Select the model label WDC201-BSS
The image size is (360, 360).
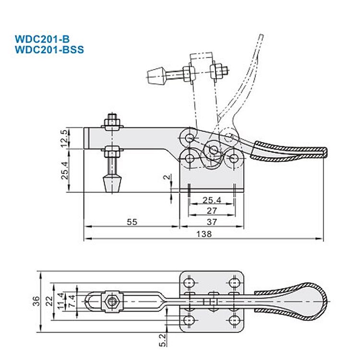(46, 49)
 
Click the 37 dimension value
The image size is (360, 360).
(212, 222)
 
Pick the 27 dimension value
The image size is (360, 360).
(212, 211)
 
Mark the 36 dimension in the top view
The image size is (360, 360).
(36, 301)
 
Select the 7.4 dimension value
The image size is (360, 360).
(71, 301)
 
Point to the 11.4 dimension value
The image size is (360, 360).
(60, 301)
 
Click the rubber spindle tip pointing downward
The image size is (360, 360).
(112, 184)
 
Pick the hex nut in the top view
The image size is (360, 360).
(112, 301)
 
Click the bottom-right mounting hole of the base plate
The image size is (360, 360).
(234, 320)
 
